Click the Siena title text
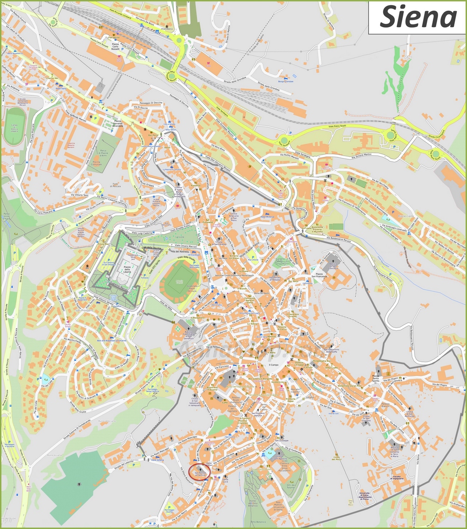[417, 17]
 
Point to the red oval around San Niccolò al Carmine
[199, 471]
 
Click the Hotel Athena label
[158, 460]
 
